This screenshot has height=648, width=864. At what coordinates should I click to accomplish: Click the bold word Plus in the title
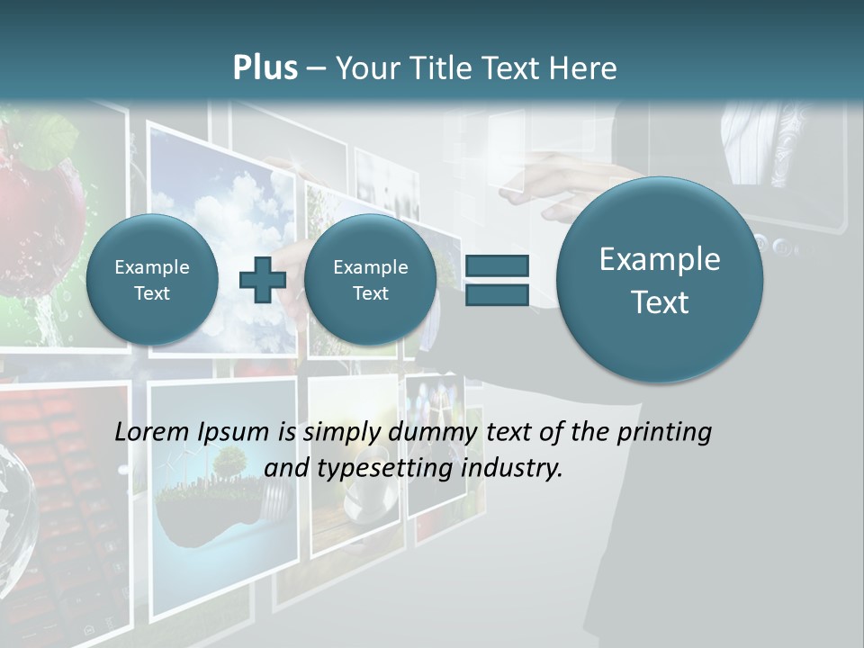coord(265,67)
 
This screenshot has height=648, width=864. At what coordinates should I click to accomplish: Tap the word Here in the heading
coord(586,67)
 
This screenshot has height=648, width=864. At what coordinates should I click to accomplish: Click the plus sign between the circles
coord(262,279)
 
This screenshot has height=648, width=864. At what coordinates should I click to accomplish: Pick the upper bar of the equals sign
coord(496,265)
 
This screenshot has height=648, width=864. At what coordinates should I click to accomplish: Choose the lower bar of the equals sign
coord(496,295)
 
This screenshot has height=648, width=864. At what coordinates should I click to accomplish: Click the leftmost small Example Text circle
coord(152,280)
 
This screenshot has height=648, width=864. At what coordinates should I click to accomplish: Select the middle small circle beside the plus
coord(370,280)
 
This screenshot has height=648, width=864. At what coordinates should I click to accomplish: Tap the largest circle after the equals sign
coord(660,280)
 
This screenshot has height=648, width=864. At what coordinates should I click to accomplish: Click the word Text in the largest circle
coord(660,302)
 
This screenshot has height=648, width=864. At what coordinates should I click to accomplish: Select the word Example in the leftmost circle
coord(152,267)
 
